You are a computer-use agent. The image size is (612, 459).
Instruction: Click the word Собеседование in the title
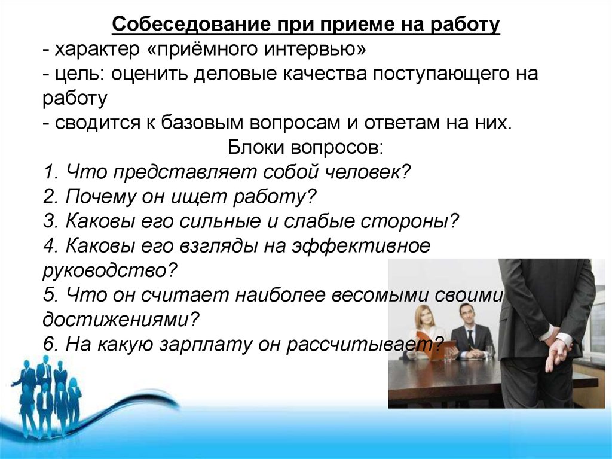(191, 25)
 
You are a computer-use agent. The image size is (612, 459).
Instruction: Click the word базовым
(200, 123)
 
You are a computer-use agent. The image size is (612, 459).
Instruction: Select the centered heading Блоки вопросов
(305, 148)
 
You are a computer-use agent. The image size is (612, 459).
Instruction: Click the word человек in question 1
(366, 172)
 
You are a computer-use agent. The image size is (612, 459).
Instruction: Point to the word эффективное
(362, 246)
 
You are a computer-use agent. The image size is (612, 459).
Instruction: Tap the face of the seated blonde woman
(424, 317)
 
